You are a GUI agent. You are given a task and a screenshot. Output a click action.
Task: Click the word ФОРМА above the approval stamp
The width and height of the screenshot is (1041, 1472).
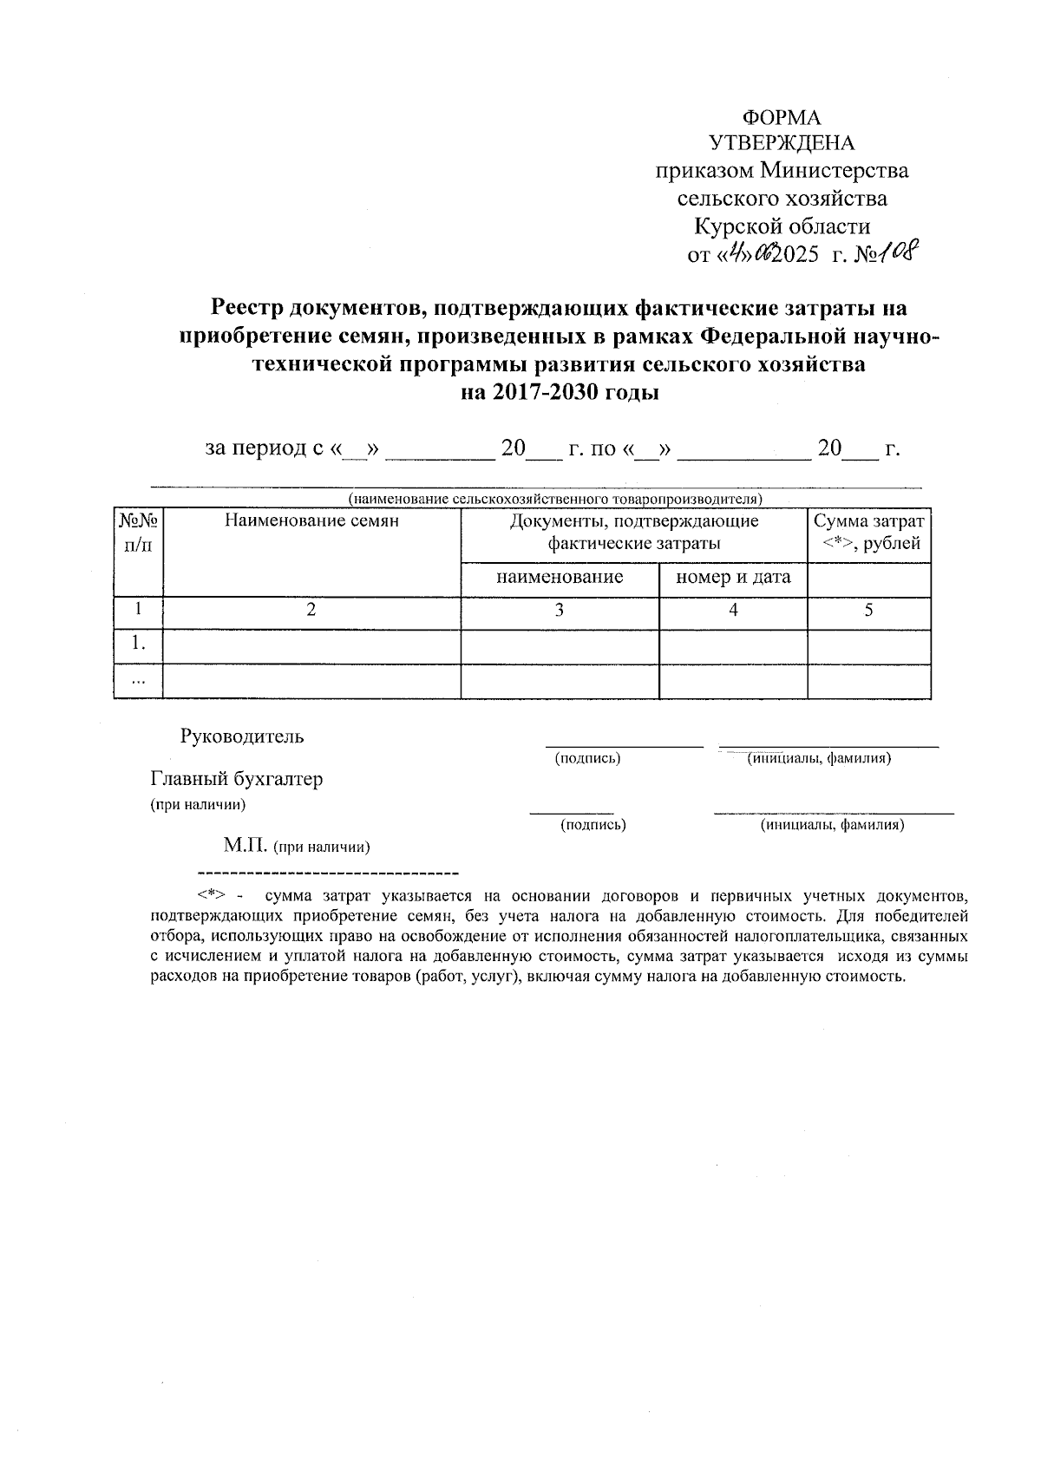pyautogui.click(x=782, y=118)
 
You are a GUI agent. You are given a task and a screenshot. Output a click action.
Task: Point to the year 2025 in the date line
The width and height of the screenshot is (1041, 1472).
pyautogui.click(x=795, y=255)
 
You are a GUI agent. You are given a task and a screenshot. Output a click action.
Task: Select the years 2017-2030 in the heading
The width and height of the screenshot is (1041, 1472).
pyautogui.click(x=547, y=392)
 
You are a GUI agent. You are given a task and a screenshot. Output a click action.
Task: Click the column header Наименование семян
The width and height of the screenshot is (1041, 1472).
pyautogui.click(x=311, y=520)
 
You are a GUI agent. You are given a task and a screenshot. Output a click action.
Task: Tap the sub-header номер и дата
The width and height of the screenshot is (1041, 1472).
pyautogui.click(x=733, y=578)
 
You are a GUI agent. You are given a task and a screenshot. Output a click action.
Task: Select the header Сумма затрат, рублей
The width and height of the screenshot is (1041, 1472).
pyautogui.click(x=868, y=532)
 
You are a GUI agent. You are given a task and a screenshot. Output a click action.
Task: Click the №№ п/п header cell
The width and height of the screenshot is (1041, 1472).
pyautogui.click(x=139, y=532)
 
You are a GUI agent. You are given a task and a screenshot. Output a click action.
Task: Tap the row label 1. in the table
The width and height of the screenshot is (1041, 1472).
pyautogui.click(x=138, y=644)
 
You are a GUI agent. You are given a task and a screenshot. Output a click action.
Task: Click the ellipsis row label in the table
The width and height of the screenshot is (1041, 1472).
pyautogui.click(x=138, y=681)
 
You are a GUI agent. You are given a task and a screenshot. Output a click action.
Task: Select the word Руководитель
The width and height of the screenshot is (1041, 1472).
pyautogui.click(x=242, y=737)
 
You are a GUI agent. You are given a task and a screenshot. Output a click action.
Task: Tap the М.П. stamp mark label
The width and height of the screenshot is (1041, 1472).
pyautogui.click(x=246, y=845)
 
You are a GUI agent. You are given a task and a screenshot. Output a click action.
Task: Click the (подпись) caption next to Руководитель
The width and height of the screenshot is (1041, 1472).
pyautogui.click(x=587, y=758)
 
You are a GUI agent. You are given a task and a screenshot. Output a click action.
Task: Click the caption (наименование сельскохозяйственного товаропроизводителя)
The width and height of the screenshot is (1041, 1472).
pyautogui.click(x=555, y=499)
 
